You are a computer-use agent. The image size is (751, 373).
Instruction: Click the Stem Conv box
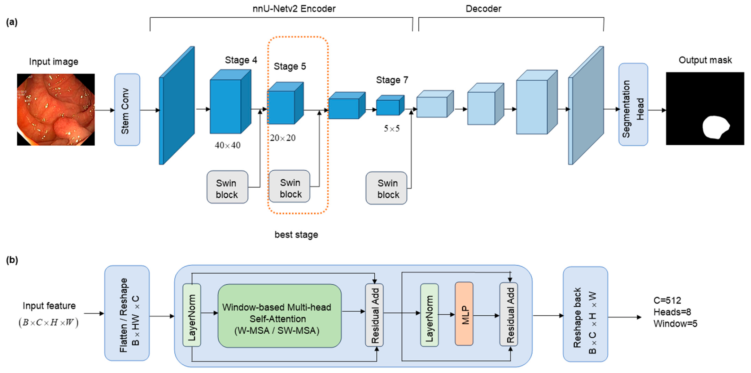pyautogui.click(x=127, y=110)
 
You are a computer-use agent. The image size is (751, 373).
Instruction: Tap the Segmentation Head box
pyautogui.click(x=633, y=105)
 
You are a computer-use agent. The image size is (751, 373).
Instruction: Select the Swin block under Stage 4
pyautogui.click(x=227, y=187)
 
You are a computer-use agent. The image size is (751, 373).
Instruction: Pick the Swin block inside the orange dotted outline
pyautogui.click(x=289, y=186)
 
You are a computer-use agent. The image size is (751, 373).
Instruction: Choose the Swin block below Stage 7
pyautogui.click(x=387, y=188)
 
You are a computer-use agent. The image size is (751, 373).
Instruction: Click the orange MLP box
pyautogui.click(x=464, y=314)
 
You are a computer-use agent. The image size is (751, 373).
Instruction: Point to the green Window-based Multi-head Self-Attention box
pyautogui.click(x=279, y=316)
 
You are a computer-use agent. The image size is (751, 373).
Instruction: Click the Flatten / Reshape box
pyautogui.click(x=127, y=313)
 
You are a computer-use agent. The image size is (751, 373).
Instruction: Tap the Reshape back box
pyautogui.click(x=585, y=314)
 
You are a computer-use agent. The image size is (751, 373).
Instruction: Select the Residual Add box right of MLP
pyautogui.click(x=509, y=315)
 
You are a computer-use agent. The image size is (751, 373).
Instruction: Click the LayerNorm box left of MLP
pyautogui.click(x=429, y=315)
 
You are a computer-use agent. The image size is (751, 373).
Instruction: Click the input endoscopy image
pyautogui.click(x=56, y=110)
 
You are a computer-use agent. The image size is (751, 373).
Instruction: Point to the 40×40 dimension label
pyautogui.click(x=227, y=145)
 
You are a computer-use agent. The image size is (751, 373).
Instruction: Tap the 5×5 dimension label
pyautogui.click(x=392, y=128)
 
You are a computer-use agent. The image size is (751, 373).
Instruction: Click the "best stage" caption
pyautogui.click(x=296, y=235)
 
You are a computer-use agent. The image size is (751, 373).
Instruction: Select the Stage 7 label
pyautogui.click(x=392, y=80)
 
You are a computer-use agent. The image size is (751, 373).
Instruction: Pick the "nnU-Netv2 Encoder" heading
pyautogui.click(x=294, y=9)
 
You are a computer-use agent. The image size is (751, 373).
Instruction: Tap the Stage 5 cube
pyautogui.click(x=285, y=103)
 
